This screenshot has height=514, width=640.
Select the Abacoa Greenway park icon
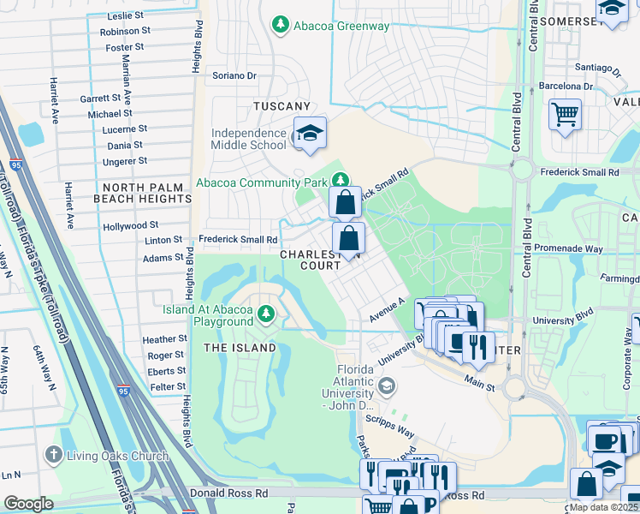click(280, 26)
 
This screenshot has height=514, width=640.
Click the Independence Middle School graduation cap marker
click(309, 134)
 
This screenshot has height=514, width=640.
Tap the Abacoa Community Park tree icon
click(341, 181)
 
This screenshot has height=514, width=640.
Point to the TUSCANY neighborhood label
click(281, 106)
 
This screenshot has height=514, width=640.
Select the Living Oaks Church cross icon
click(53, 456)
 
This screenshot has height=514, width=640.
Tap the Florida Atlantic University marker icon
click(387, 387)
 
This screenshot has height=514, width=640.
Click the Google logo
click(28, 504)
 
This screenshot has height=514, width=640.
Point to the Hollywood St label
click(131, 226)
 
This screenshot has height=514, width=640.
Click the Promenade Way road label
click(572, 249)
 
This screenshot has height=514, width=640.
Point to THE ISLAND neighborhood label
click(240, 348)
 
